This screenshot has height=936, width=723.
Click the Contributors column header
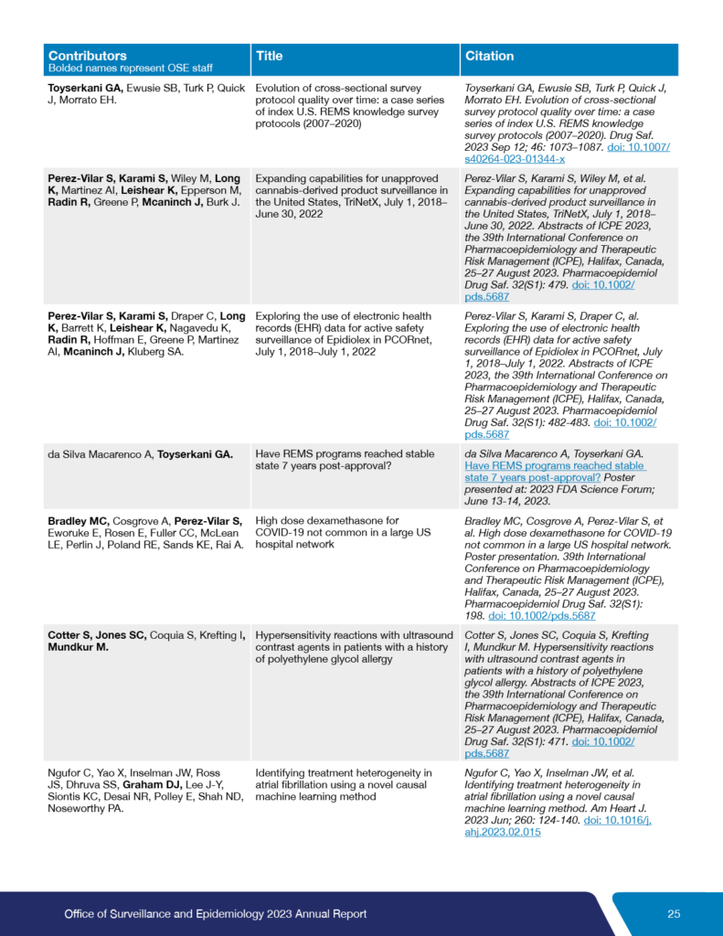click(88, 56)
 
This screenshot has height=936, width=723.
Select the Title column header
click(269, 56)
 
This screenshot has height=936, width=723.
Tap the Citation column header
click(490, 56)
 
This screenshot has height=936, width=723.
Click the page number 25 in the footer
click(674, 914)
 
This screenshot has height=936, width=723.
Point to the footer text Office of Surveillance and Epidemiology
click(216, 914)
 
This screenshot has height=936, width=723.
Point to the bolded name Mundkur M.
click(80, 647)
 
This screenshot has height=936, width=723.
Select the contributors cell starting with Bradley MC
click(145, 533)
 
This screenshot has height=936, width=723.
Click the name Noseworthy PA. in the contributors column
click(85, 808)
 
